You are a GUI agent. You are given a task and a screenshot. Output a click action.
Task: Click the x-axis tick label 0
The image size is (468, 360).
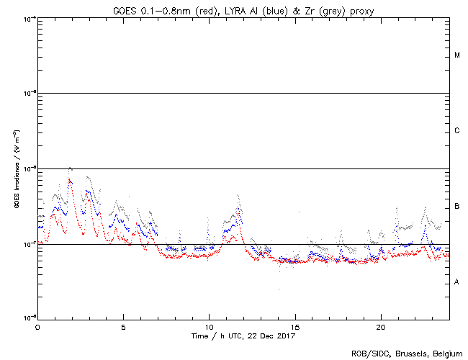click(37, 325)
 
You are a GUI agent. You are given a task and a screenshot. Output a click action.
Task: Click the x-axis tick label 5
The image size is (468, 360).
click(123, 325)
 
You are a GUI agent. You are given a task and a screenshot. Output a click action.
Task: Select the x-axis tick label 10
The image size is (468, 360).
click(209, 325)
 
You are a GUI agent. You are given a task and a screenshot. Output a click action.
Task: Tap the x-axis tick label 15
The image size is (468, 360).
click(294, 325)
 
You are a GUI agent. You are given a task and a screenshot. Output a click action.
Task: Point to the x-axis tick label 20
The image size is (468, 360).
click(380, 325)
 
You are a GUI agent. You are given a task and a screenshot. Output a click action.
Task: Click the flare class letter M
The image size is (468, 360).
click(457, 55)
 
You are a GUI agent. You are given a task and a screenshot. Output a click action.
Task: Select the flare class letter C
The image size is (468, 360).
click(457, 131)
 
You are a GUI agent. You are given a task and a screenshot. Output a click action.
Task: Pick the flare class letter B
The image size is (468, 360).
click(457, 207)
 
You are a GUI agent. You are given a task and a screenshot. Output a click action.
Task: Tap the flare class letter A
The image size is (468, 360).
click(457, 282)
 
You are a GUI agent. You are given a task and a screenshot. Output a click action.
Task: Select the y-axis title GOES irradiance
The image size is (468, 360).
click(16, 169)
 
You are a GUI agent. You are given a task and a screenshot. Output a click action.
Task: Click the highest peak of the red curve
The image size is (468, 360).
click(70, 179)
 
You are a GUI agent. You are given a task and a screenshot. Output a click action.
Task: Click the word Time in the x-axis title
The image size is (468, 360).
click(199, 336)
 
